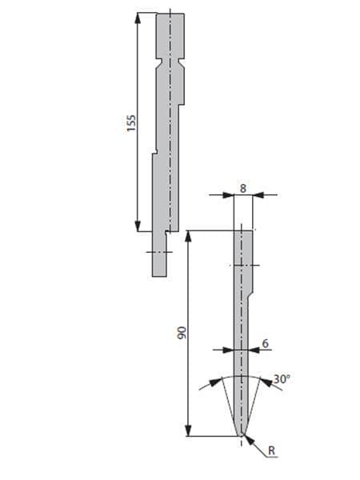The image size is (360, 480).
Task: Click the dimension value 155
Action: pos(131,123)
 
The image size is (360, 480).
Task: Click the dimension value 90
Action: pos(182,333)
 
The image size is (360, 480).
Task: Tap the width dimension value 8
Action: pos(243,189)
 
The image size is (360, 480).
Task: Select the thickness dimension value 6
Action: pos(265,343)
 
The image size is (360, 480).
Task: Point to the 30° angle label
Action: pos(282,379)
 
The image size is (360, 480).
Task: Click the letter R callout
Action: pos(271,450)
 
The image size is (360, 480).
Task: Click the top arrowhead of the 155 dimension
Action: pos(138,18)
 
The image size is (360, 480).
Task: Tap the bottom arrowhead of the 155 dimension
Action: pos(138,226)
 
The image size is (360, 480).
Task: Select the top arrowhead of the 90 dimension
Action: pos(189,236)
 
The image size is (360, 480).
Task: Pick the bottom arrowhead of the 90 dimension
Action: pos(189,430)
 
